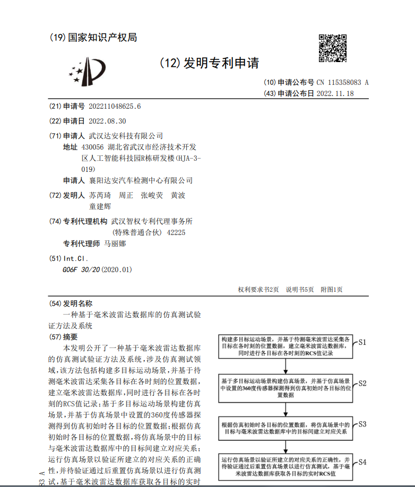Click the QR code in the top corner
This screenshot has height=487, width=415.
(x=333, y=47)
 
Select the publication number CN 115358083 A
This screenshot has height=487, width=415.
(x=342, y=82)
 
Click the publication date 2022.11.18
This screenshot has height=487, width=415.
(x=334, y=93)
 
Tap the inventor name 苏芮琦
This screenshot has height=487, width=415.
(x=100, y=195)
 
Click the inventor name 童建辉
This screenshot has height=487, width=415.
(x=100, y=206)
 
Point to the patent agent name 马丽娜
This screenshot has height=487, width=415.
(x=115, y=244)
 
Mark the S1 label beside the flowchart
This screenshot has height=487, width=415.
(x=362, y=342)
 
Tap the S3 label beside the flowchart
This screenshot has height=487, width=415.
(x=362, y=424)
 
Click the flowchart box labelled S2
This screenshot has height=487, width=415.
(x=286, y=388)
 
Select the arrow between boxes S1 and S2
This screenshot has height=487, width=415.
(x=286, y=366)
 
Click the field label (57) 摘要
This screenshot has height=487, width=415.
(x=63, y=337)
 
